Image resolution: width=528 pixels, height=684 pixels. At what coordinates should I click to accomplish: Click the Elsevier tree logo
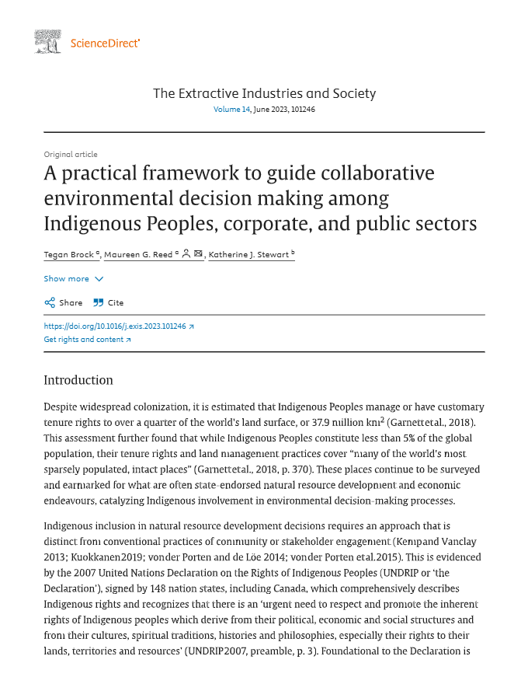tap(48, 42)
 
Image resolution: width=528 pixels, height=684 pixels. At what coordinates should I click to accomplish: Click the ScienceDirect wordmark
tap(105, 43)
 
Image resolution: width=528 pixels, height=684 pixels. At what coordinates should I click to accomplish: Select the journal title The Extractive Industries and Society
tap(264, 93)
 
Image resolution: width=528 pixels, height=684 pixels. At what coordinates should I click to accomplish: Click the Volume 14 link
tap(231, 110)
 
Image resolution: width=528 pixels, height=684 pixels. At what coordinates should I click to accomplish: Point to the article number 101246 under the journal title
tap(303, 110)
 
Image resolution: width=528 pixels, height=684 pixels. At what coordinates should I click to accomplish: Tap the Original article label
tap(71, 155)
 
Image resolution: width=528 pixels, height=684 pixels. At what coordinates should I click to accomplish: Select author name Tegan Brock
tap(65, 254)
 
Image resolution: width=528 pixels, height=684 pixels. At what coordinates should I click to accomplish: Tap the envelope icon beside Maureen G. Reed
tap(198, 254)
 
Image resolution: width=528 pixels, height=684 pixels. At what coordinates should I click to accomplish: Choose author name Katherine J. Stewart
tap(248, 254)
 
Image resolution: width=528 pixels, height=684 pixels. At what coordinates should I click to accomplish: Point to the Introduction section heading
tap(78, 380)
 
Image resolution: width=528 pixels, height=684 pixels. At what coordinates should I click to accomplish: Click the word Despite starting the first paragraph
tap(62, 407)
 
